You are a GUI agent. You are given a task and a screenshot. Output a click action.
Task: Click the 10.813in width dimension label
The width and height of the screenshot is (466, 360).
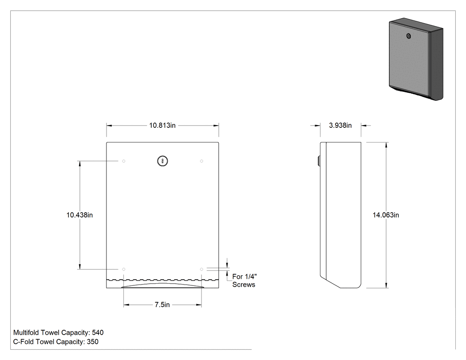(x=162, y=126)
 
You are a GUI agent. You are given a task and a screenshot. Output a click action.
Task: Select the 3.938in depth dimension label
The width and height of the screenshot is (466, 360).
(x=340, y=126)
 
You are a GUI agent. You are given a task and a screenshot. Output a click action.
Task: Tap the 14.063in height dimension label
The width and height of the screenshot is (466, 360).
(x=386, y=215)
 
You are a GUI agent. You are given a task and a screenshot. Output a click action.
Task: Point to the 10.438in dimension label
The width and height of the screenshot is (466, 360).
(x=79, y=215)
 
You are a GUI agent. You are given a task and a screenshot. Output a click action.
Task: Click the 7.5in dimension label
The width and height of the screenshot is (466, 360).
(x=162, y=305)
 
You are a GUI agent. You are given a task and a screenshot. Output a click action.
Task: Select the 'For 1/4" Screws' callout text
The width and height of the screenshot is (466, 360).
(x=244, y=281)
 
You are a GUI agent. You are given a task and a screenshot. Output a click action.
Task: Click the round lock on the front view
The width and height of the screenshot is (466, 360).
(x=162, y=161)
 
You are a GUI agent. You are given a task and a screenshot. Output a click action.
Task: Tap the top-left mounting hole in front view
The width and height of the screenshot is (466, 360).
(x=124, y=161)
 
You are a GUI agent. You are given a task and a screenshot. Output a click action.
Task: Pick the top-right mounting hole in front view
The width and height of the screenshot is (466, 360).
(x=201, y=161)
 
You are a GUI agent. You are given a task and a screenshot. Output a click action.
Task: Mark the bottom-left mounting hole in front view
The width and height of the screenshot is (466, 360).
(x=124, y=269)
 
